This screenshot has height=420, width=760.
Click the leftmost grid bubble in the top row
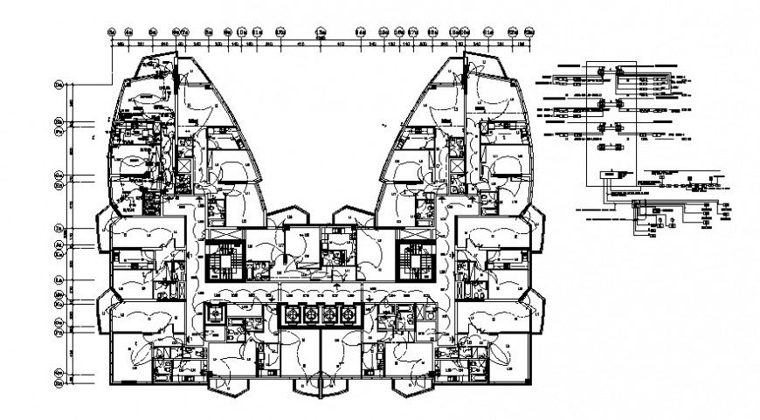pyautogui.click(x=112, y=32)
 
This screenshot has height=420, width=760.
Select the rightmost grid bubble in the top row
pyautogui.click(x=528, y=32)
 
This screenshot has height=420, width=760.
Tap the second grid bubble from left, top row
pyautogui.click(x=129, y=32)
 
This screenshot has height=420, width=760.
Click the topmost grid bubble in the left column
pyautogui.click(x=59, y=85)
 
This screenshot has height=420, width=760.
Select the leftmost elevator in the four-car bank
pyautogui.click(x=290, y=314)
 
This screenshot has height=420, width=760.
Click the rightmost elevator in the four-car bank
pyautogui.click(x=349, y=314)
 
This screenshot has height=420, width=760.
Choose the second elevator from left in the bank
pyautogui.click(x=310, y=314)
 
